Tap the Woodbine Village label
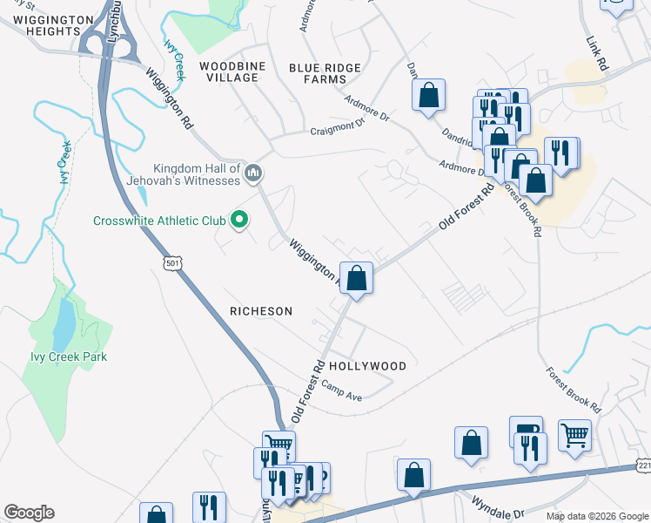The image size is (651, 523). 229,71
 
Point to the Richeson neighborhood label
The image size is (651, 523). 261,311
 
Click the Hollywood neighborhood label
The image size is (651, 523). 367,366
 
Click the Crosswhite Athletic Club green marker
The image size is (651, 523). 239,221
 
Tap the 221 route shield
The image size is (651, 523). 643,469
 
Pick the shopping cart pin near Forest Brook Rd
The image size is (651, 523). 574,435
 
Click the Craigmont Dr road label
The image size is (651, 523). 337,128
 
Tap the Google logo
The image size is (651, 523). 29,513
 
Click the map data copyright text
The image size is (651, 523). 598,516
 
